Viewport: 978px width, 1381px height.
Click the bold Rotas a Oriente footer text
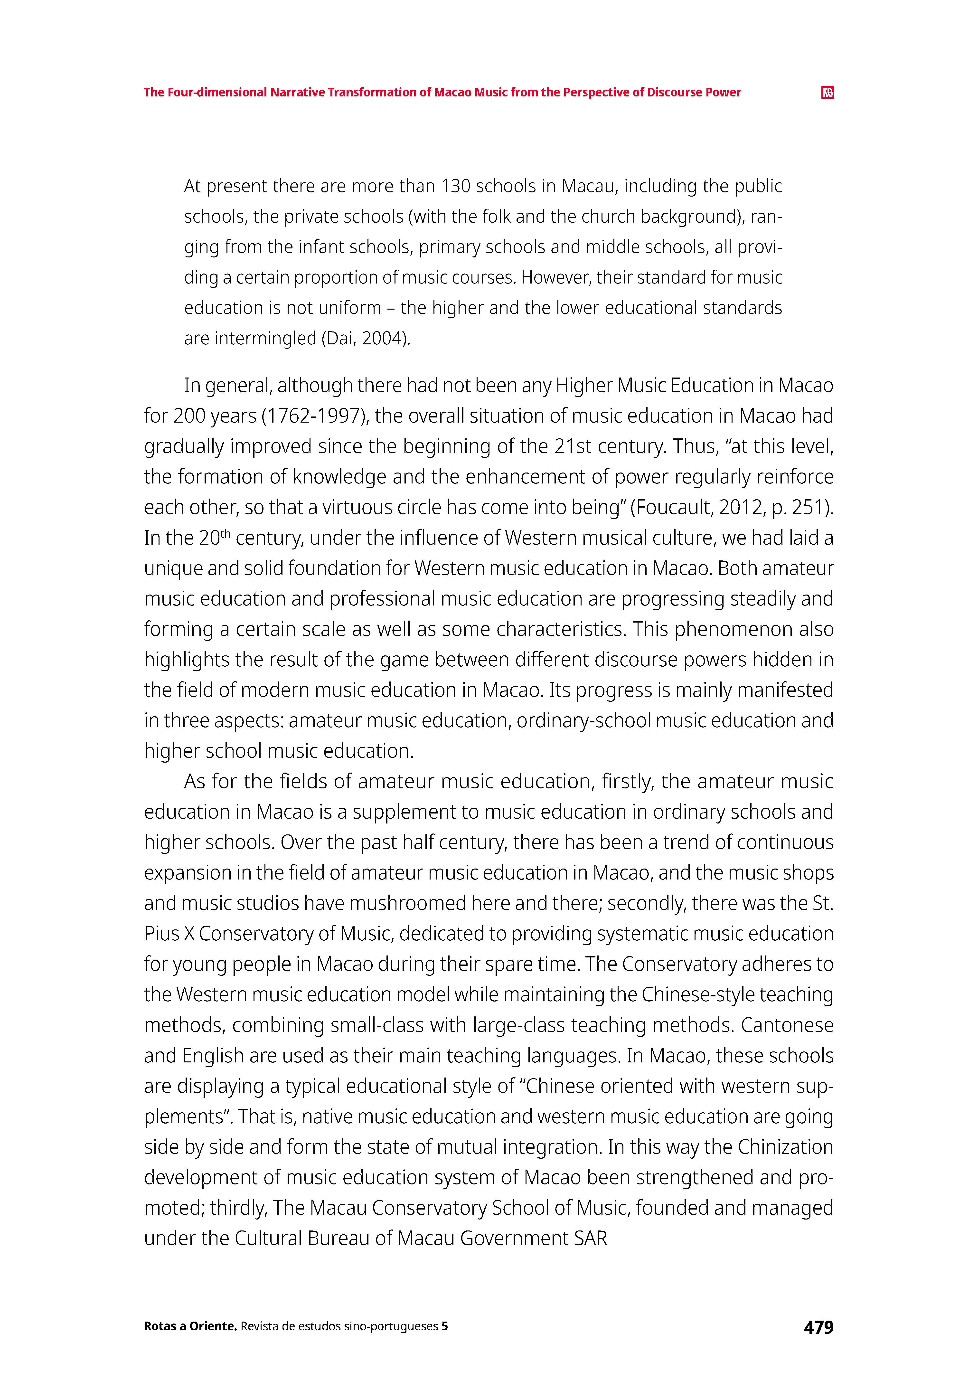(x=190, y=1327)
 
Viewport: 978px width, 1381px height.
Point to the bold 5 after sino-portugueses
(x=444, y=1327)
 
